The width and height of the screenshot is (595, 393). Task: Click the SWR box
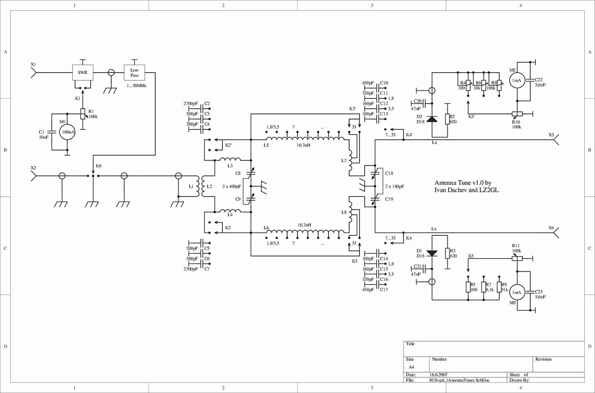click(x=83, y=73)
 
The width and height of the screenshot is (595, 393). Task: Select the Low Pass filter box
click(x=134, y=73)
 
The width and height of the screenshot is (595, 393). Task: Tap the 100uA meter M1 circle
click(x=67, y=132)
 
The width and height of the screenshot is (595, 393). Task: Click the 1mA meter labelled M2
click(x=517, y=80)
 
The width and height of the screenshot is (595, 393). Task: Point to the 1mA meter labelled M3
click(x=517, y=292)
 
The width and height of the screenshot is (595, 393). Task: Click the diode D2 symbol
click(x=432, y=119)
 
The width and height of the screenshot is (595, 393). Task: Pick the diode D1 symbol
click(x=432, y=253)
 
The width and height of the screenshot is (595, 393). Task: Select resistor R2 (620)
click(x=448, y=119)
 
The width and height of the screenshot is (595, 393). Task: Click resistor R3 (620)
click(x=448, y=253)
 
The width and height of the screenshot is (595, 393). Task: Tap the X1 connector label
click(x=33, y=64)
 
